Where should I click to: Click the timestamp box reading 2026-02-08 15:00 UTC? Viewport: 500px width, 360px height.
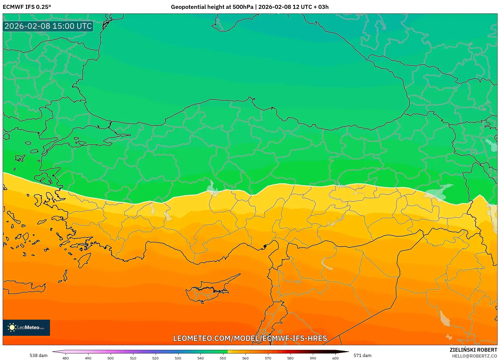tap(48, 26)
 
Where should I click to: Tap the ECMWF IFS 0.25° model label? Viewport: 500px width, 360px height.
tap(27, 7)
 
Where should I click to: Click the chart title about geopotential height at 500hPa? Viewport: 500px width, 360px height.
tap(249, 7)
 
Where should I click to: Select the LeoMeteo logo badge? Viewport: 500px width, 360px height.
tap(26, 327)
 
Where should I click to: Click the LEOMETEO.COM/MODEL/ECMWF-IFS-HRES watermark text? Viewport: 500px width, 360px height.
tap(250, 338)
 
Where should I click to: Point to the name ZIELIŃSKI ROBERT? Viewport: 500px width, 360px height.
tap(473, 350)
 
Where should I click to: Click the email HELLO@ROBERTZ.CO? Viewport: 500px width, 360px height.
tap(474, 356)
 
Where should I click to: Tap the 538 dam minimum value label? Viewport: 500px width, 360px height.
tap(38, 355)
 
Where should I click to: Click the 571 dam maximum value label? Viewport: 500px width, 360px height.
tap(362, 355)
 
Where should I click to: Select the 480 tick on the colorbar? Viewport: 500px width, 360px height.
tap(66, 358)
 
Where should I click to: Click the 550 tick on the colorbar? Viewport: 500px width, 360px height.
tap(223, 358)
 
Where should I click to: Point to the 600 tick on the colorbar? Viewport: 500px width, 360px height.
tap(335, 358)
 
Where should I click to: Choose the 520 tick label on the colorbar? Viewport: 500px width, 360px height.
tap(155, 358)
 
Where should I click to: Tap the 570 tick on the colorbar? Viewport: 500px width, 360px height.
tap(268, 358)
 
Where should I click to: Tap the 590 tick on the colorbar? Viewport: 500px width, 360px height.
tap(313, 358)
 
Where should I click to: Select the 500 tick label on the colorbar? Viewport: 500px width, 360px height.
tap(110, 358)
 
